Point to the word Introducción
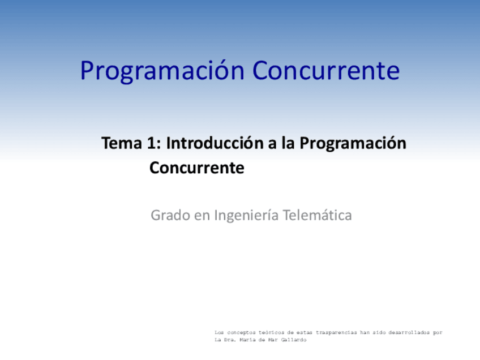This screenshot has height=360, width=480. (x=215, y=144)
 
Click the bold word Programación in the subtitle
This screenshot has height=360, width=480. (x=353, y=144)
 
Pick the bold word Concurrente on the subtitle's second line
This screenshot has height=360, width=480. (x=196, y=168)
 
